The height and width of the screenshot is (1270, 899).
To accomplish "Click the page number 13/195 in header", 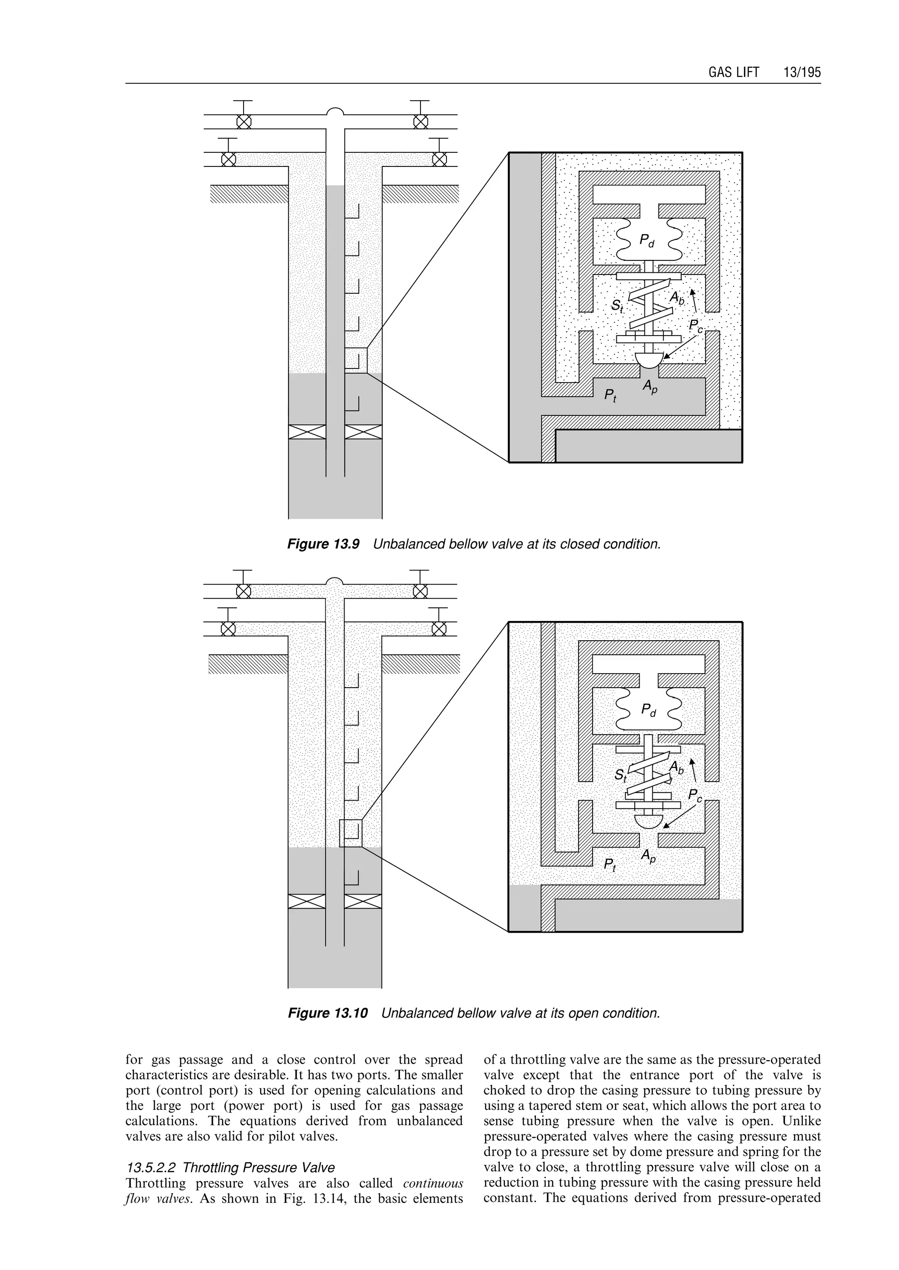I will pos(802,72).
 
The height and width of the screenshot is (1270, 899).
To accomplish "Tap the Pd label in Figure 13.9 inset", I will pos(647,240).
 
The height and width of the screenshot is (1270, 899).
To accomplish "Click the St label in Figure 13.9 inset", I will pos(617,306).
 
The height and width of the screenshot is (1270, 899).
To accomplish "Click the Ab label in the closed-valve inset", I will pos(677,299).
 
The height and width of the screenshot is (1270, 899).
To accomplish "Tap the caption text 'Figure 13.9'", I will pos(323,545).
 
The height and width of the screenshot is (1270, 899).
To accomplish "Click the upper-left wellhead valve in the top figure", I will pos(244,121).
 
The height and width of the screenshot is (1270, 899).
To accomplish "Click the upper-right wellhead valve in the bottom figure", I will pos(420,592).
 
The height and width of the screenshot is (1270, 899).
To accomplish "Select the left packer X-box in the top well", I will pos(307,432).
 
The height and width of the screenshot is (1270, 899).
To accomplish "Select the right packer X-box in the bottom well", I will pos(363,901).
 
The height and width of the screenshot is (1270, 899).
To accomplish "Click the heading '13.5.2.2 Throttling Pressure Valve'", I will pos(230,1168).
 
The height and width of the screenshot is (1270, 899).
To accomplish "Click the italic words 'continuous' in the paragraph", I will pos(433,1183).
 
